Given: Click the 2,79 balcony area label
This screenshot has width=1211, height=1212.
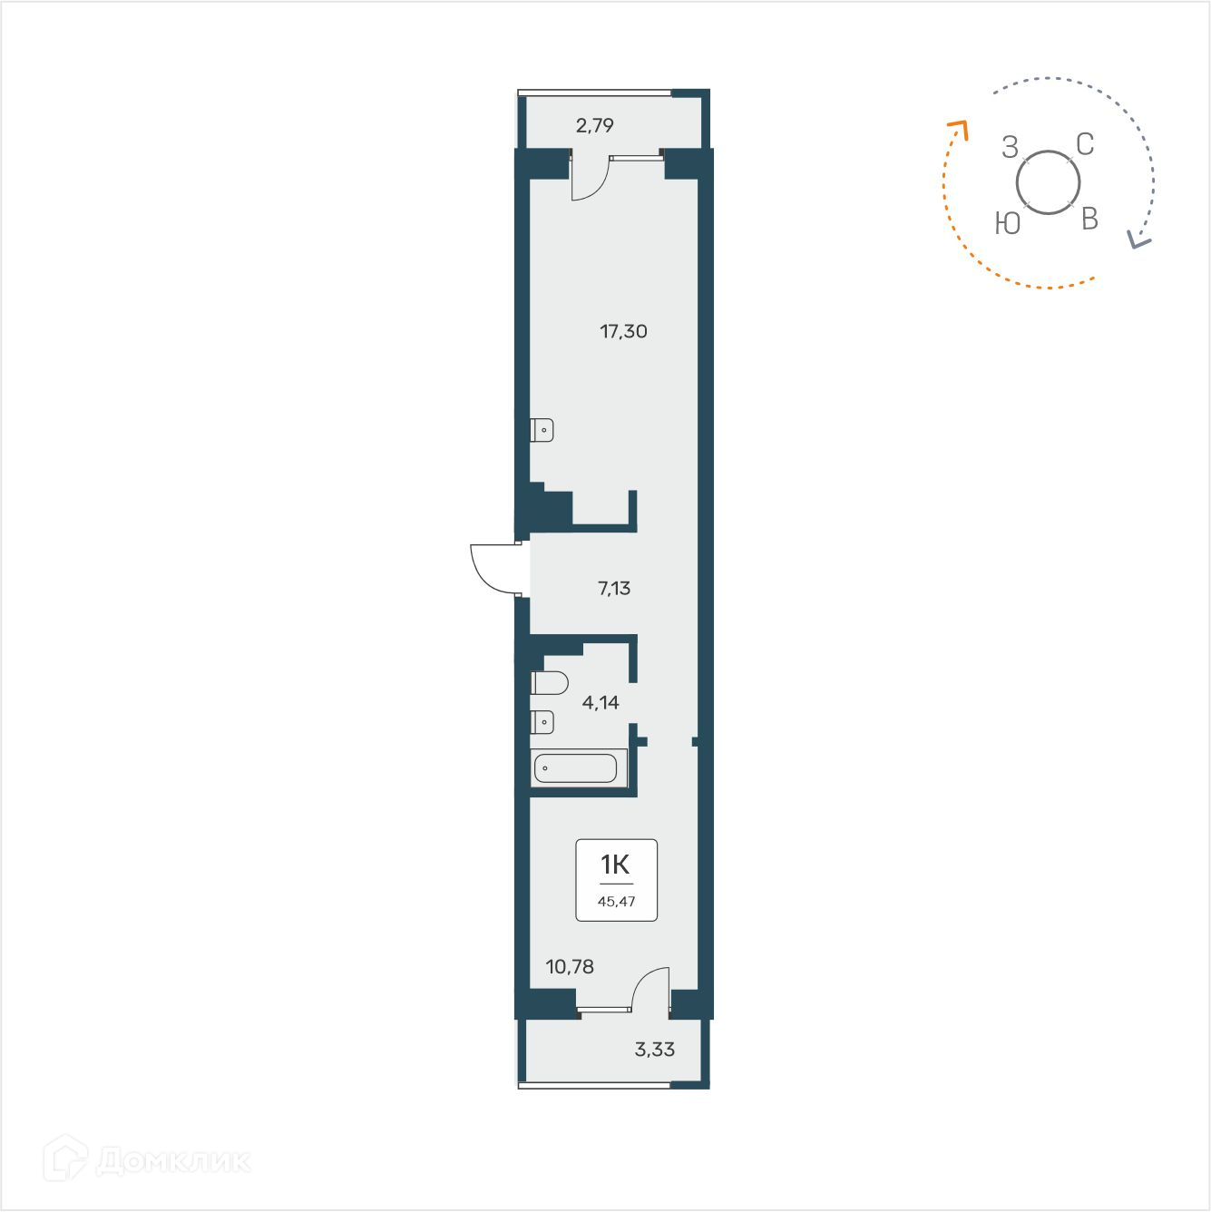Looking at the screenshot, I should click(595, 125).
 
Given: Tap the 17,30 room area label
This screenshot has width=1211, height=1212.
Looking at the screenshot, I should click(623, 331).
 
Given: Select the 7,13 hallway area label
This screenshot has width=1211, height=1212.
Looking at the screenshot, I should click(614, 588).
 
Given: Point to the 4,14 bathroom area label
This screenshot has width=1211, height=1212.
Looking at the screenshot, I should click(601, 702).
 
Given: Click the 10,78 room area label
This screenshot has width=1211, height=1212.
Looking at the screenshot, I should click(570, 966).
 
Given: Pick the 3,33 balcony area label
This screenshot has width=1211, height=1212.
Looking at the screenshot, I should click(655, 1050).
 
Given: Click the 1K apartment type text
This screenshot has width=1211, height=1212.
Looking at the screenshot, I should click(615, 865).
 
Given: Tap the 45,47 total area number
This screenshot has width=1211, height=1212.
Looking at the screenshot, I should click(617, 902).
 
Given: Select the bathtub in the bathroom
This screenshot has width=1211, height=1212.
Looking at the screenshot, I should click(576, 768).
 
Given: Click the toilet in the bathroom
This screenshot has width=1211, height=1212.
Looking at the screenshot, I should click(550, 682).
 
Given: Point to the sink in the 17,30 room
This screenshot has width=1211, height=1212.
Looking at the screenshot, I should click(542, 430).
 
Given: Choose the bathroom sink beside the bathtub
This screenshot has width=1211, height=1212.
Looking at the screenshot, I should click(542, 722).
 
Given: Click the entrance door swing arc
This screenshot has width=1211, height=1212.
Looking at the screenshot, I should click(491, 570).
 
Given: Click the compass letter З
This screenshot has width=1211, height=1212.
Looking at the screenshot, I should click(1011, 147).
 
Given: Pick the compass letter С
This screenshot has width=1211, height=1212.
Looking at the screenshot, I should click(1085, 144).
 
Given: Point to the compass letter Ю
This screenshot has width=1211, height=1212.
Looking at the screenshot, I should click(1008, 223).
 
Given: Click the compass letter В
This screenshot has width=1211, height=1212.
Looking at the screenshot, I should click(1090, 219).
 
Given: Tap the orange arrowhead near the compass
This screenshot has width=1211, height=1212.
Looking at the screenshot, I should click(959, 129).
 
